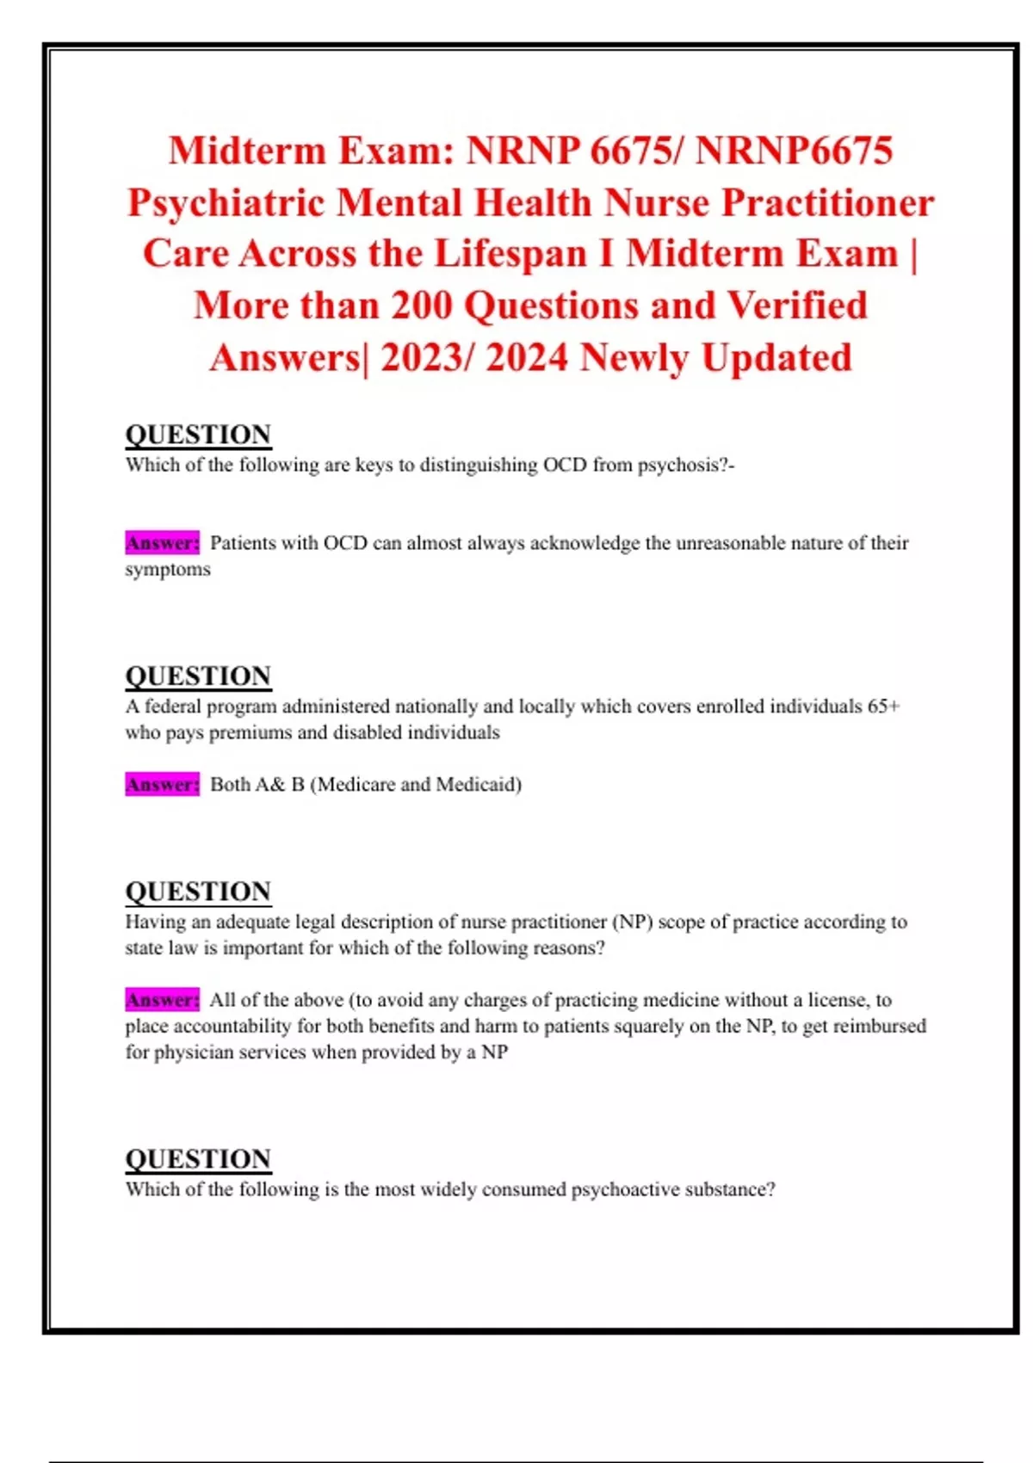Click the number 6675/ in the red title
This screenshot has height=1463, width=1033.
637,151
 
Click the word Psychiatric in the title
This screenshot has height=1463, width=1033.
226,203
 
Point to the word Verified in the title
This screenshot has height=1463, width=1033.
797,306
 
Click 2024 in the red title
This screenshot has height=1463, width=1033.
526,358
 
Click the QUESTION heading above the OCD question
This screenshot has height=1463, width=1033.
198,435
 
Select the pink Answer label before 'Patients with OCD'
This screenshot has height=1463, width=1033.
162,543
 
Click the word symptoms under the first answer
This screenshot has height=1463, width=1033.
168,570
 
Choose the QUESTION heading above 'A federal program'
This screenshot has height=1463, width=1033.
198,676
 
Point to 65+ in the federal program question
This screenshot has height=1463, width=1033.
883,707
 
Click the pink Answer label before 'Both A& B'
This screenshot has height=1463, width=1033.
162,785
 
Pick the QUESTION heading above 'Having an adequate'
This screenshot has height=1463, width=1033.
198,892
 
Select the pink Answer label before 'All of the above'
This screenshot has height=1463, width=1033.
162,1000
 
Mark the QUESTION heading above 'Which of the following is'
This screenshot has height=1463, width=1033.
198,1159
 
